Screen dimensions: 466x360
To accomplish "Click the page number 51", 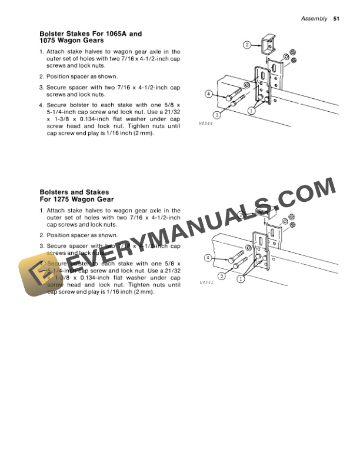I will (x=337, y=19).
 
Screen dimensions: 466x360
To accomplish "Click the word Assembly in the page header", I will (x=314, y=19).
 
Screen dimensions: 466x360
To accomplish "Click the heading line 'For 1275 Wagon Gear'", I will (x=76, y=199).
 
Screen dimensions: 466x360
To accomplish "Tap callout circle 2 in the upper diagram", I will (x=248, y=45).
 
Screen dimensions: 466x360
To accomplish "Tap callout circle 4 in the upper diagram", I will (x=209, y=94).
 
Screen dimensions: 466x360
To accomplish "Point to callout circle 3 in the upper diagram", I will (x=217, y=115).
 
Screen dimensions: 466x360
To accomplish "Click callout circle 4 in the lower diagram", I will (x=208, y=258).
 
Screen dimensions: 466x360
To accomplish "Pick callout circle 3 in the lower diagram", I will (x=221, y=275).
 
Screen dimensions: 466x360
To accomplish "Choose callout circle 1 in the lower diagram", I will (x=241, y=279).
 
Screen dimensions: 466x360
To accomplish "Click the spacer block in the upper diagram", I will (x=269, y=42).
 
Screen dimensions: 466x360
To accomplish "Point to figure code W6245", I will (x=205, y=283).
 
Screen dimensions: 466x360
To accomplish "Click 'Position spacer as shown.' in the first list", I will (x=82, y=76).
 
